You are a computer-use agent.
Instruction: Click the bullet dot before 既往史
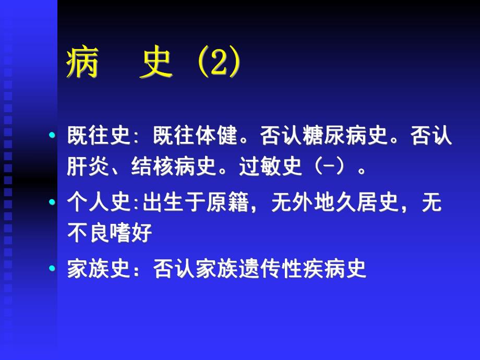point(52,136)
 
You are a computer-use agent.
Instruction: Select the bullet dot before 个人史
point(52,202)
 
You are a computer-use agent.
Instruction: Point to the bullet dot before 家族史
point(52,269)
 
